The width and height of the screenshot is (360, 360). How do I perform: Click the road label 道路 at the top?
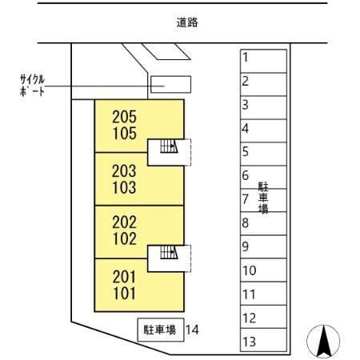[x=187, y=22]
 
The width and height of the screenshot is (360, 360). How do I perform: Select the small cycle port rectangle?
[x=171, y=83]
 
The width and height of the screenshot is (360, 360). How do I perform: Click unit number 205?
[x=124, y=117]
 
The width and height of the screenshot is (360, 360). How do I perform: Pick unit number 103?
[x=124, y=189]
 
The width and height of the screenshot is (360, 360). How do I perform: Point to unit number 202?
[x=124, y=223]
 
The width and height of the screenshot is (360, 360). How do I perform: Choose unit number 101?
[x=124, y=294]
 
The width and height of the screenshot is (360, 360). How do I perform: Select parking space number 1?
[x=246, y=58]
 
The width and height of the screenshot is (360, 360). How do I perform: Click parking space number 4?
[x=246, y=128]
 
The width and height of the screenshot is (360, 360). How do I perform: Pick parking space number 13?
[x=249, y=342]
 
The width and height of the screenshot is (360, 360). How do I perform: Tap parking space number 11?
[x=249, y=294]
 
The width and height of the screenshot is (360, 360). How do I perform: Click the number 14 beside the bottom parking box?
[x=192, y=329]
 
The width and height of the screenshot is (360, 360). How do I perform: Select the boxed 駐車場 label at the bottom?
[x=160, y=329]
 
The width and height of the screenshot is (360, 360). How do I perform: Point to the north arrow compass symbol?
[x=324, y=342]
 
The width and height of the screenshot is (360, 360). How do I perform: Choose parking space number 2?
[x=246, y=81]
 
